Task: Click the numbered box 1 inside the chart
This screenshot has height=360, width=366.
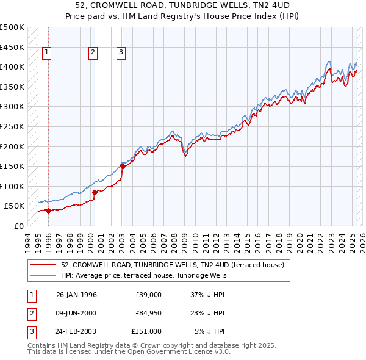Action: (47, 53)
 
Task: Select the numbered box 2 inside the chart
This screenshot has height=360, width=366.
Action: (93, 53)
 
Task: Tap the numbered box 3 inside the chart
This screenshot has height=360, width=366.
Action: (121, 53)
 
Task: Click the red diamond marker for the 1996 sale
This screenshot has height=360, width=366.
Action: (48, 211)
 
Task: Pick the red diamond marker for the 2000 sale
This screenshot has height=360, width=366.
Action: (95, 192)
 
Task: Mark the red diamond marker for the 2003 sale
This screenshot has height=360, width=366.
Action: (123, 165)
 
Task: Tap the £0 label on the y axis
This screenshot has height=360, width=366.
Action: (19, 226)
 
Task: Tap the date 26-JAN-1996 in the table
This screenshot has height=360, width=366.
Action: (76, 295)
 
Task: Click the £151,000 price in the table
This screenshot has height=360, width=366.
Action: (146, 331)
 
